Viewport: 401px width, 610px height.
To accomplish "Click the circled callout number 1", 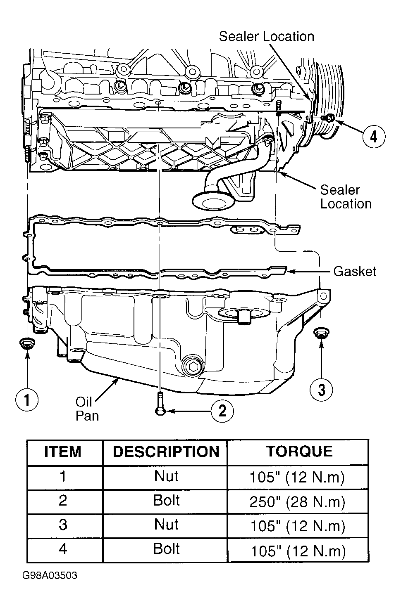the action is click(x=27, y=400).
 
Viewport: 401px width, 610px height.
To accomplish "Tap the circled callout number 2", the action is click(x=222, y=411).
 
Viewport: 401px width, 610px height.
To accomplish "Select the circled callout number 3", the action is click(x=321, y=390).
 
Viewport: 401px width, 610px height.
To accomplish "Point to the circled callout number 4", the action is click(x=374, y=136).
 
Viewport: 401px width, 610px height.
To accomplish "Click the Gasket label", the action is click(x=355, y=272).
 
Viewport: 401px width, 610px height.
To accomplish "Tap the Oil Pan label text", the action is click(x=87, y=409).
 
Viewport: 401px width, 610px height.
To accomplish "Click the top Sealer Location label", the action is click(x=267, y=36).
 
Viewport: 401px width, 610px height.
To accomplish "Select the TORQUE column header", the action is click(x=299, y=451).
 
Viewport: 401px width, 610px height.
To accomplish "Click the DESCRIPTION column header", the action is click(x=166, y=452).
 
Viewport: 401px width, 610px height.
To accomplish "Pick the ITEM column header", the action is click(x=63, y=452).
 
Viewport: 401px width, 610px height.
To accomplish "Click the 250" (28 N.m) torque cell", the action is click(x=297, y=501).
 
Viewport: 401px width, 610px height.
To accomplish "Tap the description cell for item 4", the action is click(x=166, y=549).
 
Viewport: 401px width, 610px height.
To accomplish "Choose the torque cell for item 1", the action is click(x=297, y=477).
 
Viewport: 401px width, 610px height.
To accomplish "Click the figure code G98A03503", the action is click(x=50, y=575).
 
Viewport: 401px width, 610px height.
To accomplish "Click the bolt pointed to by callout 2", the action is click(x=160, y=404).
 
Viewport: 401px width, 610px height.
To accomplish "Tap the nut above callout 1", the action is click(x=27, y=343).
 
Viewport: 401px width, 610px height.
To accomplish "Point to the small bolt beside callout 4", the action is click(x=328, y=118).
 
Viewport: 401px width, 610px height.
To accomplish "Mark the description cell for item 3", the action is click(x=166, y=524).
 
